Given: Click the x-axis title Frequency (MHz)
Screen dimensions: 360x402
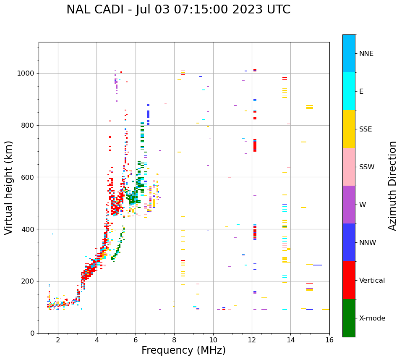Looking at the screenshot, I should pyautogui.click(x=183, y=350).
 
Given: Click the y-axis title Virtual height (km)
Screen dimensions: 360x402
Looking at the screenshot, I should pyautogui.click(x=9, y=187).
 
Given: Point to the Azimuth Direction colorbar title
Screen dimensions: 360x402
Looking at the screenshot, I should pyautogui.click(x=392, y=186).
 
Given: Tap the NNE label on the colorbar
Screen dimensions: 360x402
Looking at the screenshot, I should pyautogui.click(x=366, y=54).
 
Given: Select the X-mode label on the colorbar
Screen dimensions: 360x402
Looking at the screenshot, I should pyautogui.click(x=372, y=318).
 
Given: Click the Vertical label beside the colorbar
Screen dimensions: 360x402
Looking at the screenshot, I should pyautogui.click(x=372, y=281).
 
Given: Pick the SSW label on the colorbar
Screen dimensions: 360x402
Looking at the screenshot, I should pyautogui.click(x=367, y=167).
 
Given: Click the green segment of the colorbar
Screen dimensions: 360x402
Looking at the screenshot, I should pyautogui.click(x=349, y=318).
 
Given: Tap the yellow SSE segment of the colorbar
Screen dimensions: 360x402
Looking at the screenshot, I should pyautogui.click(x=349, y=129).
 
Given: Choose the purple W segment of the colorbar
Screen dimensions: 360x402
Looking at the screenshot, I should pyautogui.click(x=349, y=205).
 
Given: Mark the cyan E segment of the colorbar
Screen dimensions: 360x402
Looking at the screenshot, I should pyautogui.click(x=349, y=91).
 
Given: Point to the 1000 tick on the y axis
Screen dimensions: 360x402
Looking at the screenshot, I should pyautogui.click(x=26, y=74).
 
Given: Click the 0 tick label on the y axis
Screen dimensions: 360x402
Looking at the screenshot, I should pyautogui.click(x=33, y=333).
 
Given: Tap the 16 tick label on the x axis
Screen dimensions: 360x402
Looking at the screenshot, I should pyautogui.click(x=329, y=340).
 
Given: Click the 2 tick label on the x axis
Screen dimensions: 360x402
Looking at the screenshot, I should pyautogui.click(x=58, y=340).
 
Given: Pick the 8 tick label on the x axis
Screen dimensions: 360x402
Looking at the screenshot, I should pyautogui.click(x=174, y=340).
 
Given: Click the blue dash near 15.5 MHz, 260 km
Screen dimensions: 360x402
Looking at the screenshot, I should pyautogui.click(x=318, y=265).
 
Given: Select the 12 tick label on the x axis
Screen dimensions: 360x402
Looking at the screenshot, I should pyautogui.click(x=252, y=340).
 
